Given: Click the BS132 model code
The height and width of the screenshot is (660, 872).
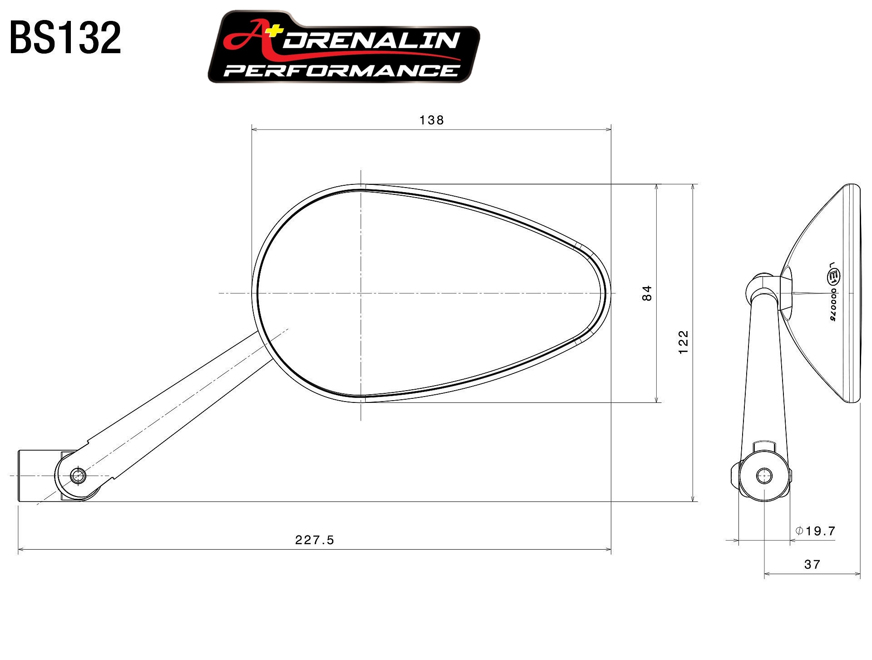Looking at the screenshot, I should point(65,38).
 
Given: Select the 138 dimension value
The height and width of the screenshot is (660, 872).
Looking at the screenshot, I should point(431,120).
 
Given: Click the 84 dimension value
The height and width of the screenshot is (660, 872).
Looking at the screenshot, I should point(647,293).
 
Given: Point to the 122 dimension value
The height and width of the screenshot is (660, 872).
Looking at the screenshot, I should point(683,342).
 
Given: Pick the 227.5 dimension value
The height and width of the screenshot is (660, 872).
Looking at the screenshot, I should point(314,540).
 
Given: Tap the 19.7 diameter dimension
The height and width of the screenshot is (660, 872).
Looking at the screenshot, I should point(820,531).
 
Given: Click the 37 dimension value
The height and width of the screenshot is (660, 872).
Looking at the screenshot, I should point(812,565).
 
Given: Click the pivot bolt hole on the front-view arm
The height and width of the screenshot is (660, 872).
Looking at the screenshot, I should point(78,476).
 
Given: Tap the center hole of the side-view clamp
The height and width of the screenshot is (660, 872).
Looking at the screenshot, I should point(764,476).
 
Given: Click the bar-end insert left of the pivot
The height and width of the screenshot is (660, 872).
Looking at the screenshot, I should point(39,476).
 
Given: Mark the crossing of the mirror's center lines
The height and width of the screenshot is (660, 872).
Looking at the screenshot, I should point(361,293).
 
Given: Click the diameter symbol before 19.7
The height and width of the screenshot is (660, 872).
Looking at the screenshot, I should point(800,531).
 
